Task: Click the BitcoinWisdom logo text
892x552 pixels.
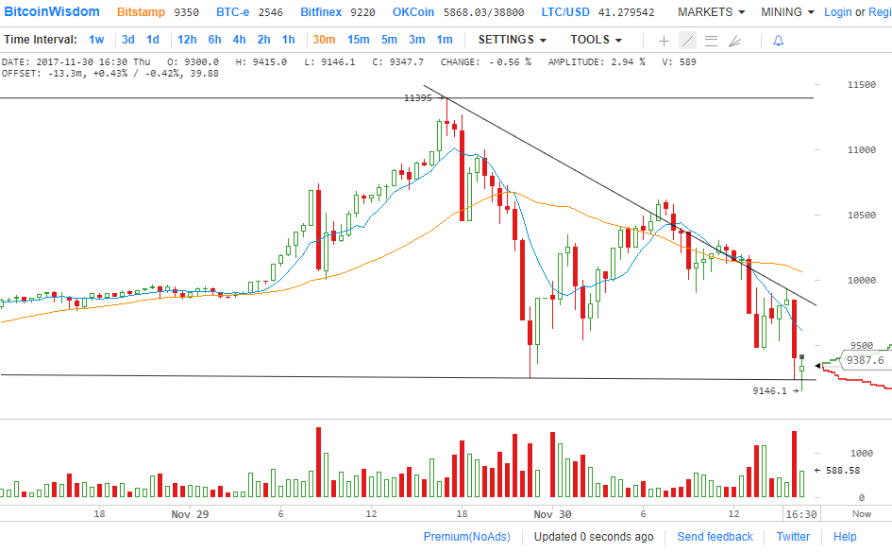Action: point(52,12)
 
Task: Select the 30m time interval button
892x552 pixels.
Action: point(324,40)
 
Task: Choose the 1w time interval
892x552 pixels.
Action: point(96,40)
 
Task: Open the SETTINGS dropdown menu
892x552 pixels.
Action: point(512,40)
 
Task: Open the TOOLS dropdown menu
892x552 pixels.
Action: point(596,40)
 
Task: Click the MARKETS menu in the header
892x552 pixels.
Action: point(711,12)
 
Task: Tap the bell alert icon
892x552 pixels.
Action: point(778,41)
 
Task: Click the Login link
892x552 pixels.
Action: point(837,12)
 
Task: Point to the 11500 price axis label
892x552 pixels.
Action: point(835,85)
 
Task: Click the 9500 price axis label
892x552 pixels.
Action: point(835,346)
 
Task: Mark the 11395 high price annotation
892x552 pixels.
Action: point(418,97)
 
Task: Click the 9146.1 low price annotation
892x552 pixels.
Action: point(769,389)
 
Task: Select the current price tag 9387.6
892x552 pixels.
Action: point(865,360)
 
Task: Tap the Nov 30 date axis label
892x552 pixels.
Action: point(552,514)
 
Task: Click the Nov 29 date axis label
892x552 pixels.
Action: point(190,514)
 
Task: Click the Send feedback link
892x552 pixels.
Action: point(715,537)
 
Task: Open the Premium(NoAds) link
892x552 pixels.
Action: point(466,537)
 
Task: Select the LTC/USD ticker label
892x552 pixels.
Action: point(565,12)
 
